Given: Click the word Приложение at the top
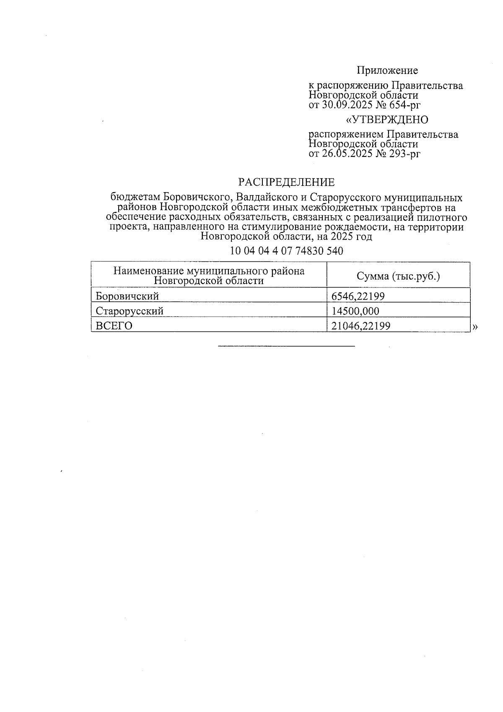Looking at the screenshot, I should [x=387, y=70].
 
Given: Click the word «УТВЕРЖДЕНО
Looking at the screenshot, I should [x=386, y=120].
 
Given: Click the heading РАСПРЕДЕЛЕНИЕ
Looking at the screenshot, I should [x=286, y=182].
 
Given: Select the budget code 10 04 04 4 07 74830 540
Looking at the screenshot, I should [x=286, y=251].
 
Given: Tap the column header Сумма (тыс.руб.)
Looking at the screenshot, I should [x=398, y=276].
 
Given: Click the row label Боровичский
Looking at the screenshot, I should [x=127, y=296].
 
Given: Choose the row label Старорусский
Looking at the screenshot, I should [x=130, y=311].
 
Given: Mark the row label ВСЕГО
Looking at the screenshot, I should [x=114, y=326].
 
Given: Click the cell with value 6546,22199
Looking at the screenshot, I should [x=358, y=296].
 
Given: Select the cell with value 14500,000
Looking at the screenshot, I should [x=355, y=311].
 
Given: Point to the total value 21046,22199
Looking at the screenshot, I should [x=361, y=326].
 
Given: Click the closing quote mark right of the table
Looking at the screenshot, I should [x=475, y=327].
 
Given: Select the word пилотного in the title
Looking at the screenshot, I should [x=443, y=217].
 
